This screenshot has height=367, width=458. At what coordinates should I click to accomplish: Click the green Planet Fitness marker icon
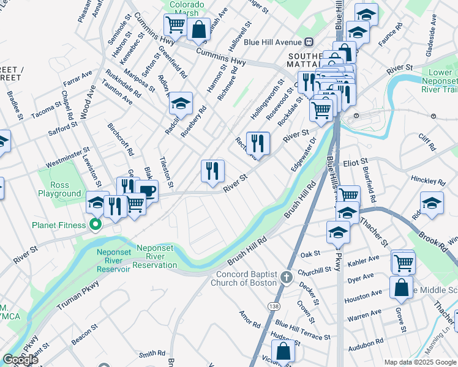95,225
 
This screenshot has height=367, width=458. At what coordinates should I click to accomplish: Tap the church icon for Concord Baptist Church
286,278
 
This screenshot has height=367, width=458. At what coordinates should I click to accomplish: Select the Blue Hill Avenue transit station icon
309,42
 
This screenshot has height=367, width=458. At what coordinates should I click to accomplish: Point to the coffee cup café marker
147,191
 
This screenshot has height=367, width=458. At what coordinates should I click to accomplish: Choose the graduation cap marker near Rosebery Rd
181,103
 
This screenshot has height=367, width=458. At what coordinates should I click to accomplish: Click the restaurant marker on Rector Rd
258,143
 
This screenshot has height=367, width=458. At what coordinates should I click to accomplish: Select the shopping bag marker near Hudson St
283,351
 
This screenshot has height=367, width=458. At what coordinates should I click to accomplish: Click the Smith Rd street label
152,354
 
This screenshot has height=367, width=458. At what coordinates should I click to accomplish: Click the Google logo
20,360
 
